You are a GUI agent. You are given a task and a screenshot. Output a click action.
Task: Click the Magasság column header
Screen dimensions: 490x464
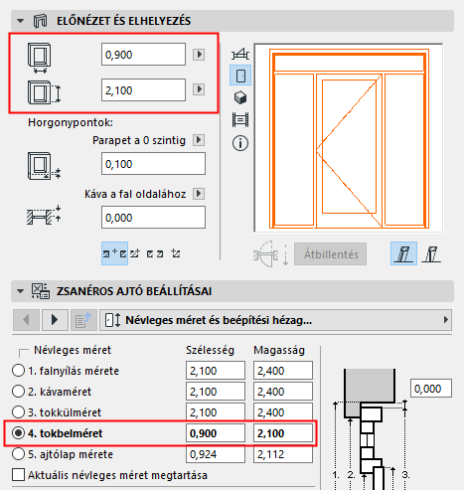(x=280, y=351)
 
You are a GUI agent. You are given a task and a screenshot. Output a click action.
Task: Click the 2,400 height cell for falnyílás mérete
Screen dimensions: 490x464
(x=281, y=370)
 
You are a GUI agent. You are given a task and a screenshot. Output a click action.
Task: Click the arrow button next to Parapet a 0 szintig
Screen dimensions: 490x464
(x=198, y=141)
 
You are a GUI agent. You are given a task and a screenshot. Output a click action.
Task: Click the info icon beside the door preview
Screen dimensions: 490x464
(x=239, y=142)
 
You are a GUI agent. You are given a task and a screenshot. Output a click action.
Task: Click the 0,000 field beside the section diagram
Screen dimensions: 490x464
(x=433, y=388)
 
